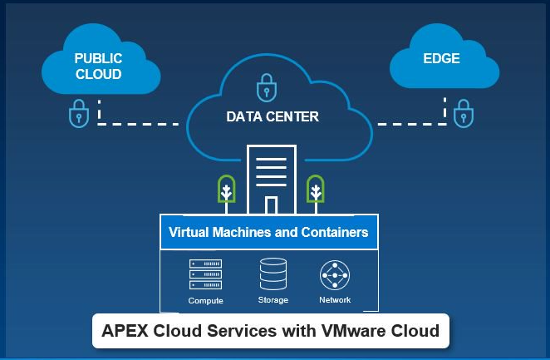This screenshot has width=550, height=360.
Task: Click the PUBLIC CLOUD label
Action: tap(98, 67)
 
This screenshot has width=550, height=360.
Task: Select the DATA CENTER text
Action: tap(273, 116)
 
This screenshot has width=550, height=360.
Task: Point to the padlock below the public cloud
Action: tap(78, 114)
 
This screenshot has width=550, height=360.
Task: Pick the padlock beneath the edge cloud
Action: tap(463, 113)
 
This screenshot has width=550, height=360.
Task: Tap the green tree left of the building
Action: tap(226, 190)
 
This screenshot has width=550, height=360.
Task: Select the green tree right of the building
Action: tap(315, 190)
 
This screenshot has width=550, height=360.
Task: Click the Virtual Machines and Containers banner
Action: tap(268, 232)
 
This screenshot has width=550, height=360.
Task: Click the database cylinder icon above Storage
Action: tap(273, 274)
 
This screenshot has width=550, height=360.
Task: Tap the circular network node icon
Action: tap(335, 275)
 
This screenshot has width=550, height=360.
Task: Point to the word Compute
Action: tap(205, 300)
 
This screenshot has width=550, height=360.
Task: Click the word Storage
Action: tap(273, 300)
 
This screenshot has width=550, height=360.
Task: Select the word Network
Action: tap(335, 299)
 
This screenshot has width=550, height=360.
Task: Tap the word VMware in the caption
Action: tap(356, 331)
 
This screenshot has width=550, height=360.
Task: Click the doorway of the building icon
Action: tap(271, 205)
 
